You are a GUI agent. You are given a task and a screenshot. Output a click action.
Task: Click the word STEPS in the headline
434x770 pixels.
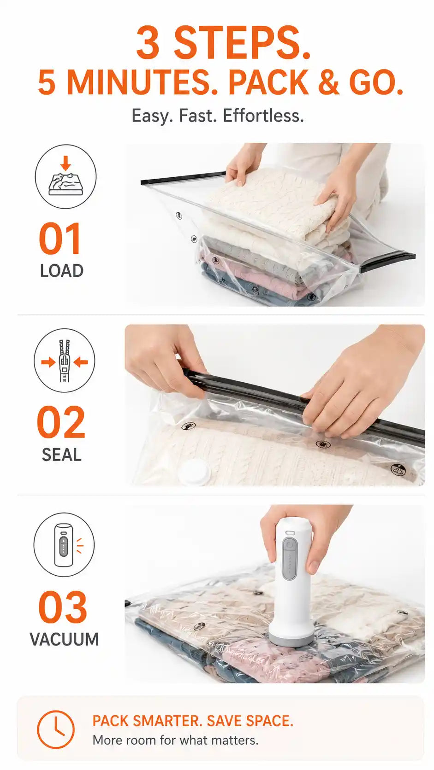click(242, 44)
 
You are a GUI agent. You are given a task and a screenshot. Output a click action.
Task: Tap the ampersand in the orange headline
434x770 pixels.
click(329, 82)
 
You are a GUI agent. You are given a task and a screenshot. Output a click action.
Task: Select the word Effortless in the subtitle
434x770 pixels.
click(263, 116)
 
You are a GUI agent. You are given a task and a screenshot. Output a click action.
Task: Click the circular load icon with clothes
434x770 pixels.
click(65, 177)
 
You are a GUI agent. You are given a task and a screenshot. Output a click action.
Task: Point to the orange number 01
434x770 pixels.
click(60, 238)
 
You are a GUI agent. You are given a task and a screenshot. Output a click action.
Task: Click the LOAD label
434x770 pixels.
click(62, 270)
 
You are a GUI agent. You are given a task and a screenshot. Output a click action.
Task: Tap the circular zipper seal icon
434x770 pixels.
click(65, 361)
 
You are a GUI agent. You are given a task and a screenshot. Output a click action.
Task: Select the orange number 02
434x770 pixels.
click(60, 422)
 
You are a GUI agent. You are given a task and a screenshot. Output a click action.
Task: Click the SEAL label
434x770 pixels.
click(62, 455)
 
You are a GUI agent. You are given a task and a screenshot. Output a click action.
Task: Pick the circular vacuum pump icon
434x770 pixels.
click(64, 544)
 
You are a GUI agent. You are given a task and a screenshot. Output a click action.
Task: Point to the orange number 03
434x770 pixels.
click(62, 607)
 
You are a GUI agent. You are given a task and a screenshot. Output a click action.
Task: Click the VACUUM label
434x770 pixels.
click(64, 639)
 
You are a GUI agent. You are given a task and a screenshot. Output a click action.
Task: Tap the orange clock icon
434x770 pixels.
click(55, 729)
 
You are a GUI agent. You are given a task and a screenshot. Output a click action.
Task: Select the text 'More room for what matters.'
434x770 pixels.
click(175, 740)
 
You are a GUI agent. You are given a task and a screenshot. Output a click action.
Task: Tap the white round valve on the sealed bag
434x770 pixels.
click(194, 472)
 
